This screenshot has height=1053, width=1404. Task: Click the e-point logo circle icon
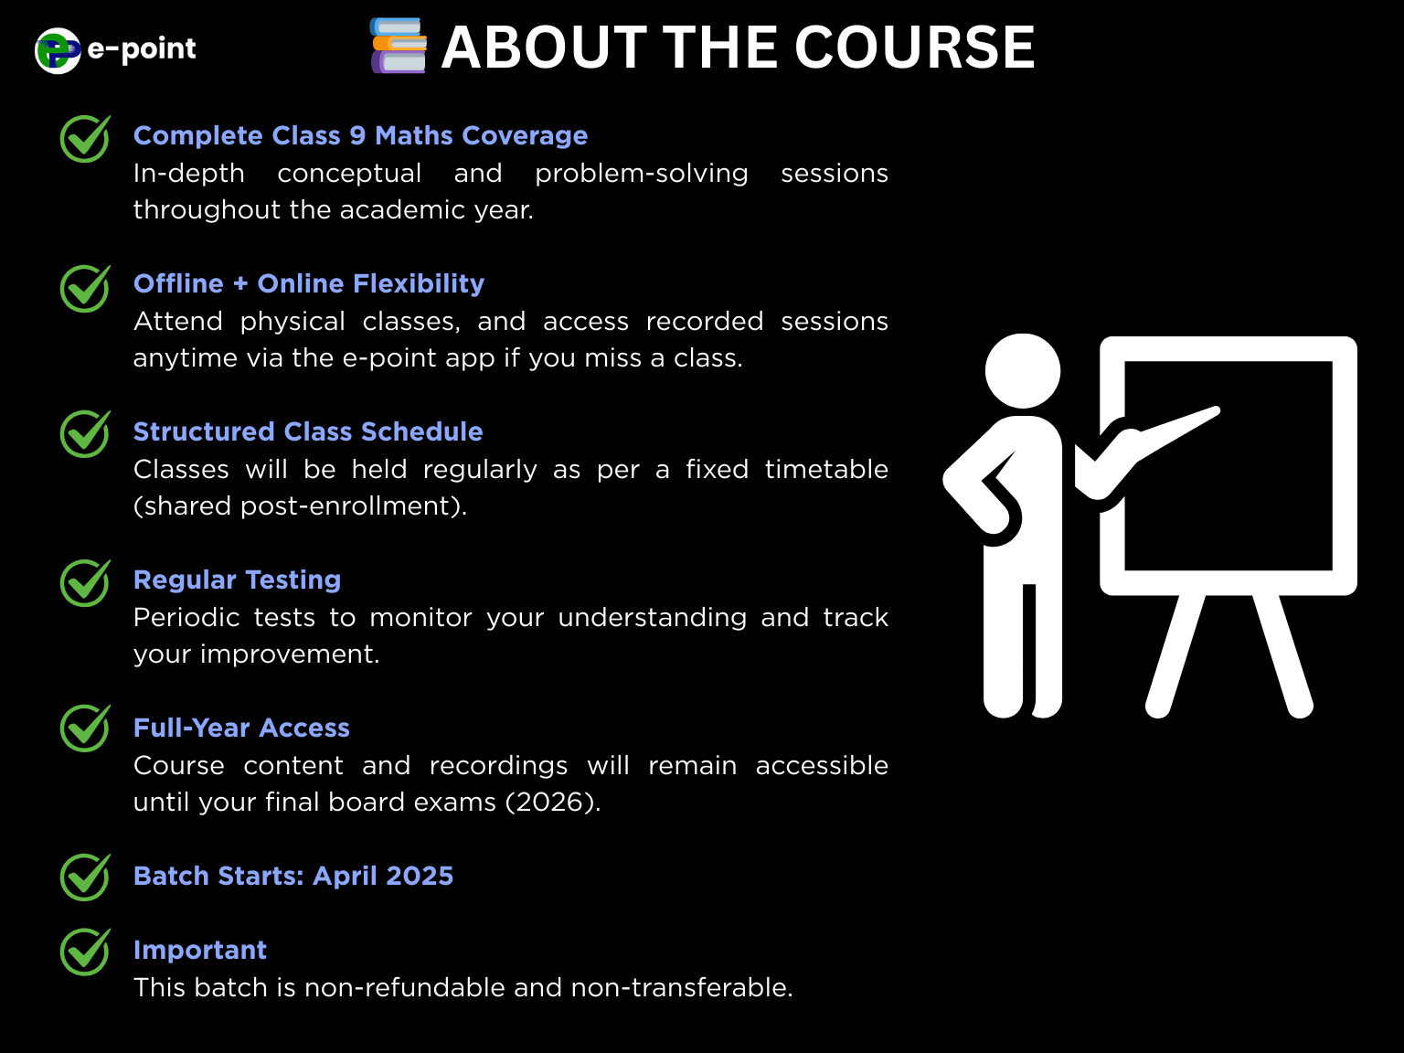click(58, 50)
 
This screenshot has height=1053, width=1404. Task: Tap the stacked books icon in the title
click(398, 46)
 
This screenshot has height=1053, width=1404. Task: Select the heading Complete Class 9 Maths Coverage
click(360, 135)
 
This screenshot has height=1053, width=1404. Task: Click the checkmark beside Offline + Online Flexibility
click(85, 288)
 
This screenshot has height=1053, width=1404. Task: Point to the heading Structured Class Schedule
click(308, 431)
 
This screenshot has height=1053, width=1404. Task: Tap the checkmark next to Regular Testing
click(85, 582)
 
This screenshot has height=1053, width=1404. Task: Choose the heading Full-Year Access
click(241, 728)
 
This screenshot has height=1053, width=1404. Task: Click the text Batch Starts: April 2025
click(292, 876)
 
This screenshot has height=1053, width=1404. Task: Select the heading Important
click(199, 950)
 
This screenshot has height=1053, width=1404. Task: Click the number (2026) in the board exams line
click(553, 803)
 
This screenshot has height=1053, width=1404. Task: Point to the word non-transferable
click(682, 988)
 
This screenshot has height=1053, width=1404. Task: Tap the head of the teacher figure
click(1022, 371)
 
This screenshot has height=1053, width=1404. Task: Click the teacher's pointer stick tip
click(1216, 411)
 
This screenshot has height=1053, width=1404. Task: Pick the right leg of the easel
click(1282, 655)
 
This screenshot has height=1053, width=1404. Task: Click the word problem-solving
click(642, 174)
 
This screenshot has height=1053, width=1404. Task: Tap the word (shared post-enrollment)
click(300, 506)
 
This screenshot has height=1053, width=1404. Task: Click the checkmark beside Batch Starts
click(85, 877)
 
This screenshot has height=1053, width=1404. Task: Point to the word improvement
click(290, 654)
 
